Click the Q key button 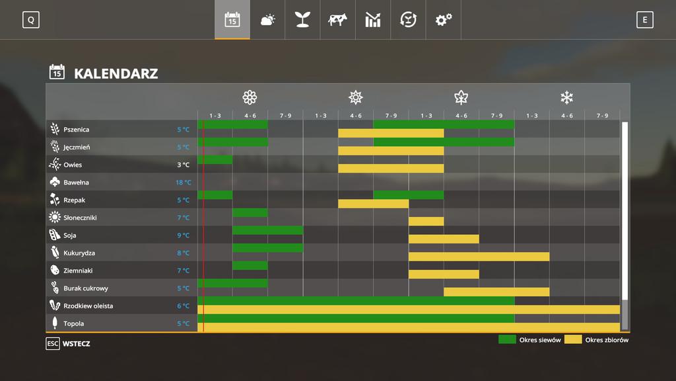click(x=30, y=20)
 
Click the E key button click(x=645, y=20)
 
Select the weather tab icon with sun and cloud click(x=267, y=20)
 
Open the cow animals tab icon click(x=337, y=20)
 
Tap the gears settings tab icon click(x=443, y=20)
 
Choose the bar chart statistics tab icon click(x=373, y=20)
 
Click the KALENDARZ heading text click(x=116, y=73)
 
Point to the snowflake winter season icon click(x=566, y=98)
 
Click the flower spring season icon click(x=250, y=98)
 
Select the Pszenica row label click(x=76, y=130)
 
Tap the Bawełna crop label click(x=76, y=183)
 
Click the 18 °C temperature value click(x=183, y=183)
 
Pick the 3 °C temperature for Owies click(x=183, y=165)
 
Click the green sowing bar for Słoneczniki click(x=250, y=212)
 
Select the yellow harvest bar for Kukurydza click(x=479, y=257)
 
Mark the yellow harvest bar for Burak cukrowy click(x=496, y=292)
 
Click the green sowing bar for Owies click(x=215, y=159)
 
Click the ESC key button click(x=53, y=344)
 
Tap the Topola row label click(x=73, y=323)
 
